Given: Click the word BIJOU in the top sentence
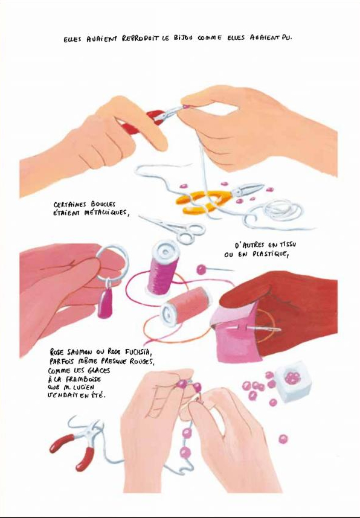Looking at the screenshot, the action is coord(183,37).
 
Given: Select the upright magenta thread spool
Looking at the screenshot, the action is coord(162,267).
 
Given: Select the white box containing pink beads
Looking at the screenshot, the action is coord(293,381).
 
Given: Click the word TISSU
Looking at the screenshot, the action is coord(288,245).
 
